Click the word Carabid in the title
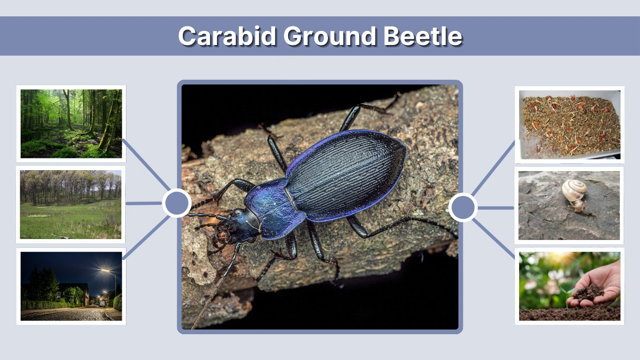[227, 36]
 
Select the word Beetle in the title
[423, 36]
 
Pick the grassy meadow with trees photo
[71, 204]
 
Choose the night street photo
[71, 286]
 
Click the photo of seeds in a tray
[570, 124]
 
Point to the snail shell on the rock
[574, 190]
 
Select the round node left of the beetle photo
[177, 203]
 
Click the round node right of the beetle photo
[463, 207]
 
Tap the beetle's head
[234, 226]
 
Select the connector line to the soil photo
[494, 239]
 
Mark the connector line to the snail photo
[496, 208]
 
